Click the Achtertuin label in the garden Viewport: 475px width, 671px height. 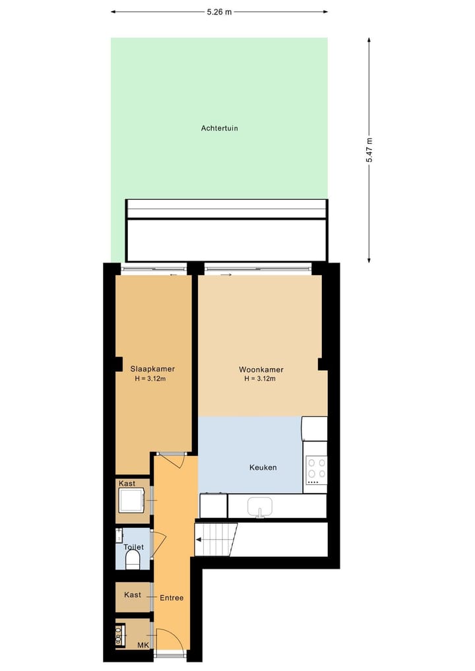click(x=219, y=128)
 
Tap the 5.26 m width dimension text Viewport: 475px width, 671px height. click(x=219, y=11)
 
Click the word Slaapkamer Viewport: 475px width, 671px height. click(x=152, y=369)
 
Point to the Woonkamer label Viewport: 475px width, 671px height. click(x=259, y=369)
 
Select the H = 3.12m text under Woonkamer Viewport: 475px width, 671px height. click(x=259, y=379)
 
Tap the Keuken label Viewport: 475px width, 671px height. click(x=263, y=467)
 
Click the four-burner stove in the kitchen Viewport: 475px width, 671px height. click(x=316, y=467)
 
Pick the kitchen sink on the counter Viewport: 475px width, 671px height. click(x=260, y=507)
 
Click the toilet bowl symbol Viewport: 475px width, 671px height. click(x=133, y=560)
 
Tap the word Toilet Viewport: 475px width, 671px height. click(x=133, y=547)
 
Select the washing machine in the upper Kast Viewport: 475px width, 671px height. click(x=131, y=500)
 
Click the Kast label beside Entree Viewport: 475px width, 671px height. click(x=133, y=594)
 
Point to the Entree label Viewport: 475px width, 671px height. click(x=172, y=598)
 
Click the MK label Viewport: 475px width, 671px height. click(x=142, y=645)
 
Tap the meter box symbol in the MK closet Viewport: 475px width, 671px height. click(x=121, y=635)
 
